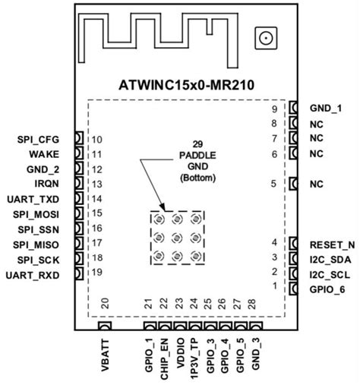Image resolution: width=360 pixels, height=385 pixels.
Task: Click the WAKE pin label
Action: (x=55, y=154)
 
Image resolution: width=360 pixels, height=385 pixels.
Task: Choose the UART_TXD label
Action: (x=45, y=198)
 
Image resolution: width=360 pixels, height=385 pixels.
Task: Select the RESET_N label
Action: (x=331, y=244)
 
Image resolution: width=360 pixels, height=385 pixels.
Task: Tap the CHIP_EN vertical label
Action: (x=164, y=357)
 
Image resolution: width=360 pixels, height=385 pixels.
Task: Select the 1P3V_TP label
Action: (x=194, y=357)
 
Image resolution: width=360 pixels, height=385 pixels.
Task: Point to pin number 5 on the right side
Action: (x=274, y=184)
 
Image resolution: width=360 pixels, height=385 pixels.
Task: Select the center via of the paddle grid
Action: (x=177, y=237)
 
